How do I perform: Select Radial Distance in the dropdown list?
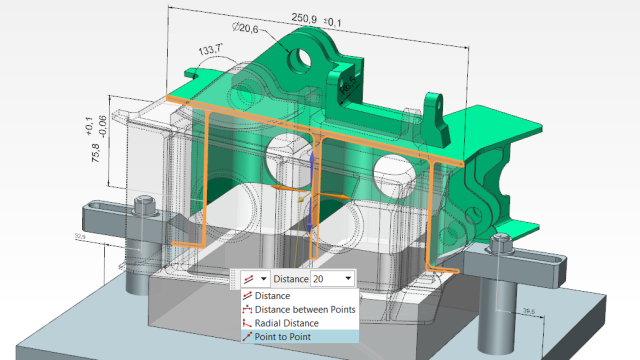[x=286, y=323]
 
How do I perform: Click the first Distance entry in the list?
[x=272, y=296]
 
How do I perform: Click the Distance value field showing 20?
[x=324, y=278]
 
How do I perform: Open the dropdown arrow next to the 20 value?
[x=347, y=278]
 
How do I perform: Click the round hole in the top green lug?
[x=304, y=59]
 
